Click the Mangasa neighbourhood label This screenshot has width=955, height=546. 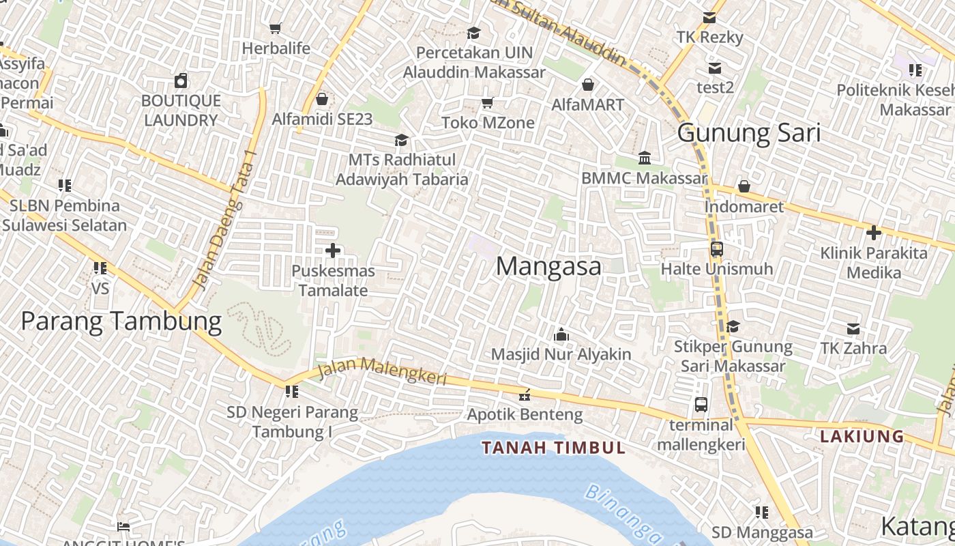tap(548, 266)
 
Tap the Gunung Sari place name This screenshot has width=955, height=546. tap(748, 133)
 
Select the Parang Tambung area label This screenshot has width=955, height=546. tap(121, 321)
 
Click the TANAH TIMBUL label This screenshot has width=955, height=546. tap(553, 448)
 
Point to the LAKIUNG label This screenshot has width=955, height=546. tap(862, 436)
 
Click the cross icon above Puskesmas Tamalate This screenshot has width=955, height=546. tap(333, 250)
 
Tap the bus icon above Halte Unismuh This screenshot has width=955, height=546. tap(716, 249)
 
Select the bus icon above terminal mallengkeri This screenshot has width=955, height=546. tap(701, 405)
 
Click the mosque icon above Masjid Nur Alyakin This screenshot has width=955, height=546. tap(561, 334)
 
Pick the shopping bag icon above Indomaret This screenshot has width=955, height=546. tap(744, 186)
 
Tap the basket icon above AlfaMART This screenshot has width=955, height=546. tap(587, 85)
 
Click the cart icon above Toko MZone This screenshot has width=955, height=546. tap(487, 103)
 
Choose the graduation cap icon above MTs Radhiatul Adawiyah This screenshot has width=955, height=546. tap(401, 140)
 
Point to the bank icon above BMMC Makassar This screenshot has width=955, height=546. tap(644, 158)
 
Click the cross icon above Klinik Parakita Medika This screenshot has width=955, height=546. tap(873, 233)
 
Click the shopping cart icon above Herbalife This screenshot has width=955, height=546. tap(276, 29)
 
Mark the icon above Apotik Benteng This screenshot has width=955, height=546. tap(525, 394)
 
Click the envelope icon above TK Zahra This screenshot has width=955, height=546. tap(853, 329)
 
